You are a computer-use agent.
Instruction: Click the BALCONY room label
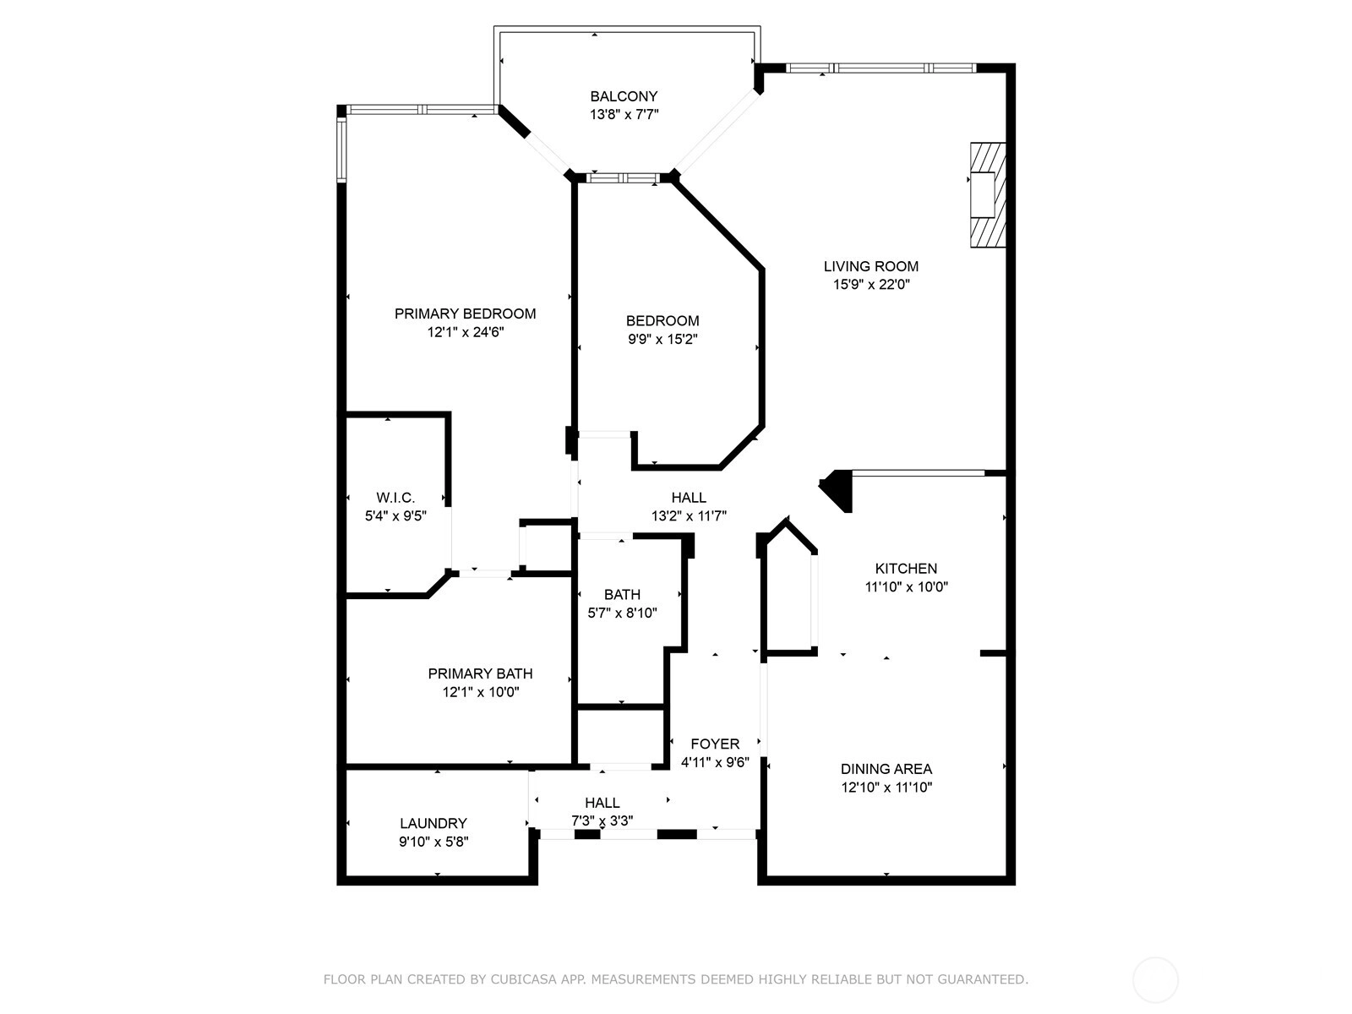[x=624, y=96]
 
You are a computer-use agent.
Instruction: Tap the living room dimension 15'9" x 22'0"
[x=871, y=285]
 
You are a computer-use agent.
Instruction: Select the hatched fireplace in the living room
[x=987, y=195]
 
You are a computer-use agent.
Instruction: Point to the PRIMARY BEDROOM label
[x=465, y=314]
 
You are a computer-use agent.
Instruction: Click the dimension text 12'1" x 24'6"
[x=466, y=332]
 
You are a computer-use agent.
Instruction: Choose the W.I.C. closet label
[x=395, y=498]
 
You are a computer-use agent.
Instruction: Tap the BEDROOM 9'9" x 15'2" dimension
[x=662, y=339]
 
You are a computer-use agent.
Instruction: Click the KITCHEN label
[x=906, y=568]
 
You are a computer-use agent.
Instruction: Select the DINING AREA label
[x=886, y=769]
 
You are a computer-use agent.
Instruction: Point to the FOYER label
[x=715, y=744]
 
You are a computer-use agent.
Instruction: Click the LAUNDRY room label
[x=433, y=823]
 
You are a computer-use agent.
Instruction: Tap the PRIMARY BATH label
[x=481, y=673]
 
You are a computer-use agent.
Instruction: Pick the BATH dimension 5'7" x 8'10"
[x=622, y=613]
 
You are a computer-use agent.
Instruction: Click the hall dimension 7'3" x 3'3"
[x=602, y=821]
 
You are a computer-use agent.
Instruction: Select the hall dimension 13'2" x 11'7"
[x=689, y=516]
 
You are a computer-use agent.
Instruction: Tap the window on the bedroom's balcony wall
[x=623, y=178]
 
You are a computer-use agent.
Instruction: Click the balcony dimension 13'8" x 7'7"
[x=624, y=115]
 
